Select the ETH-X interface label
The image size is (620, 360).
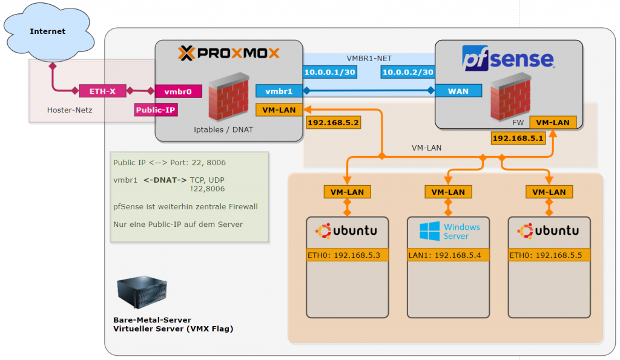point(102,91)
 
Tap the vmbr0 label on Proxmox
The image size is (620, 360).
point(178,92)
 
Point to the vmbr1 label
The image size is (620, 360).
point(279,91)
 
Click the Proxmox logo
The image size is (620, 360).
point(229,54)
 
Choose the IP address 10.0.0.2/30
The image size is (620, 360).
point(407,73)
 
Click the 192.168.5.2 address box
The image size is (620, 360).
point(334,123)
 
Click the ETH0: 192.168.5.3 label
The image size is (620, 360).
point(347,255)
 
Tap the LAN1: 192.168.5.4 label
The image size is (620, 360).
point(448,255)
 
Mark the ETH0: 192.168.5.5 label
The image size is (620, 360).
point(549,255)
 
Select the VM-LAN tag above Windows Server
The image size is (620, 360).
point(448,192)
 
